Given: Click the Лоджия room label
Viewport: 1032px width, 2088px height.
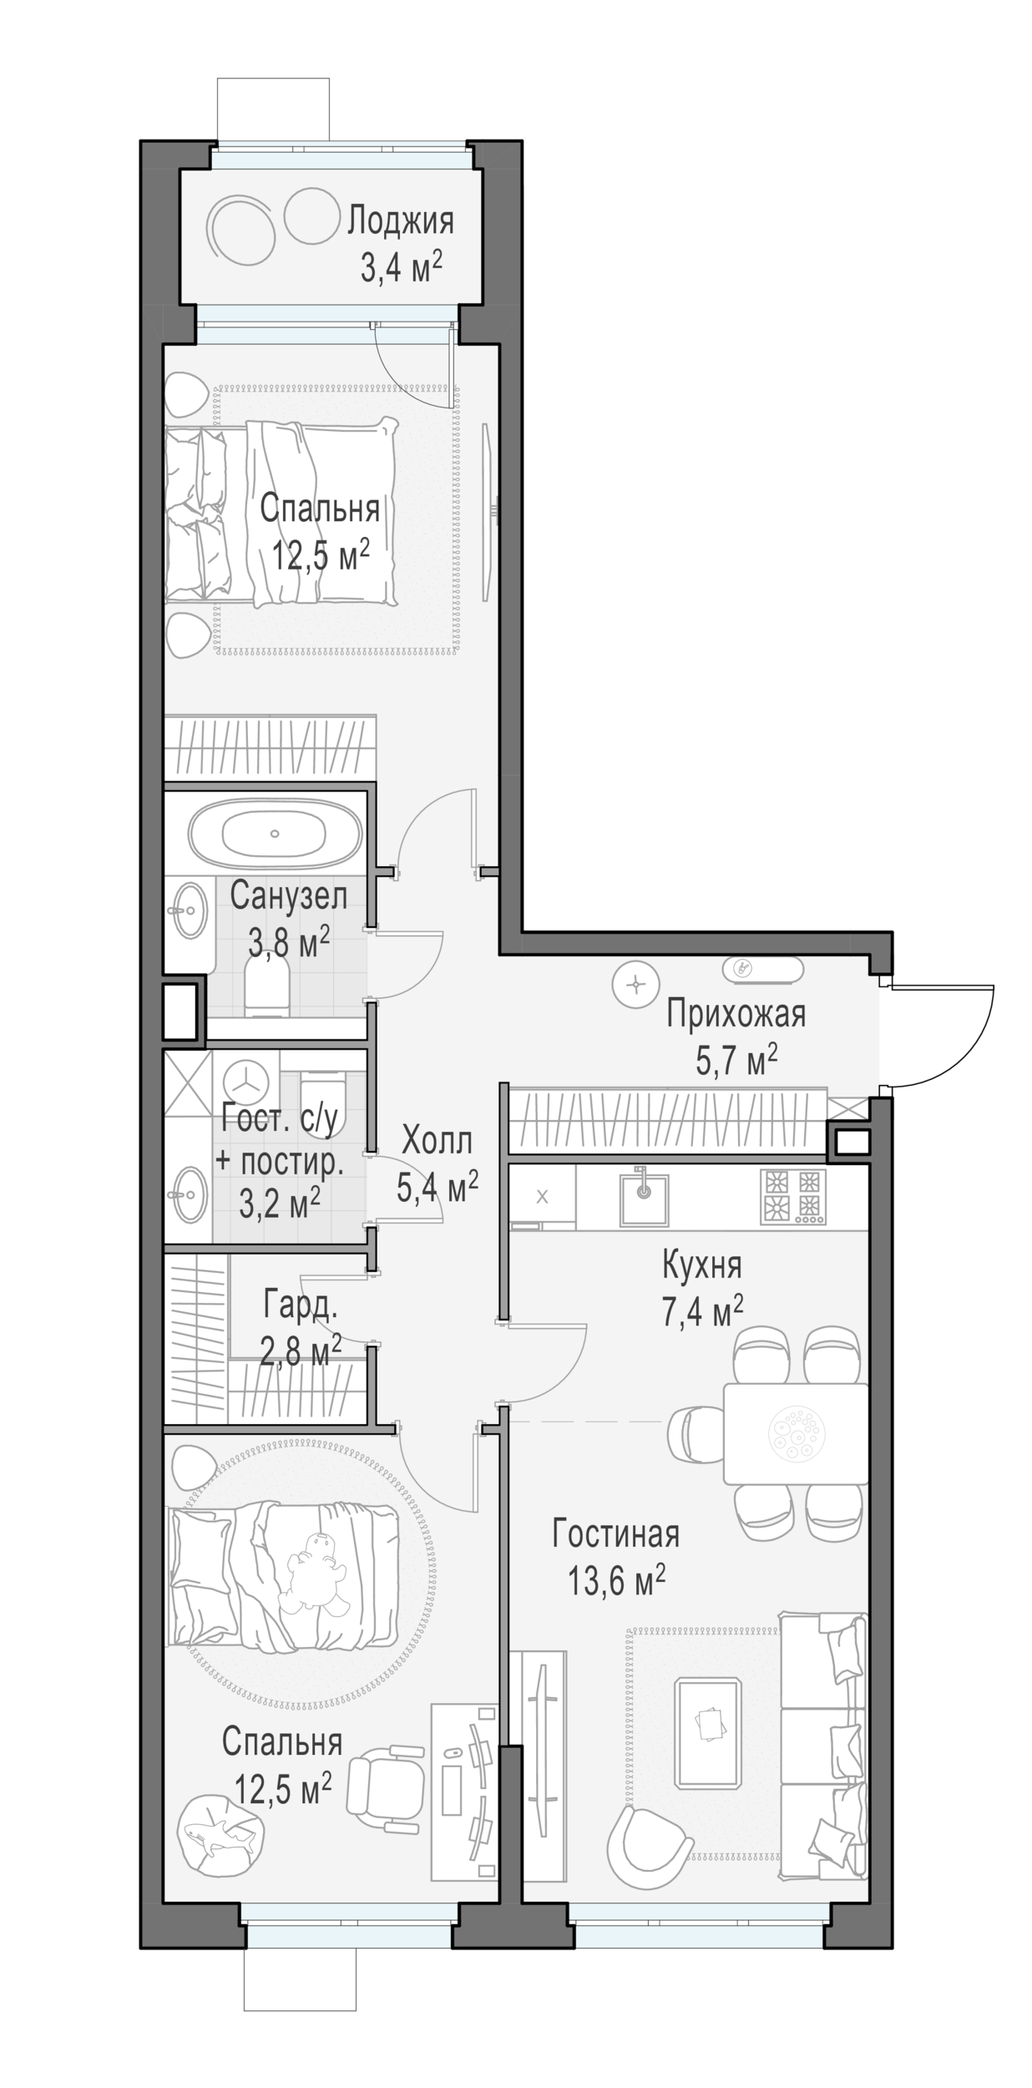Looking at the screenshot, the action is [x=401, y=222].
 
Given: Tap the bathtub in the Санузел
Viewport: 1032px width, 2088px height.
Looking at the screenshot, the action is [x=275, y=834].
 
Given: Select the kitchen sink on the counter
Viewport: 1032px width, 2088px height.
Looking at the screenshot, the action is [x=643, y=1197].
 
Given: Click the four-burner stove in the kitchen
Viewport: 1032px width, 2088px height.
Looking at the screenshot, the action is [x=792, y=1197].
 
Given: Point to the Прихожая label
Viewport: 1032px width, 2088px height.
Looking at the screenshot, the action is [x=736, y=1015].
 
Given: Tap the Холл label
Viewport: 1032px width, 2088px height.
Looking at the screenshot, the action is [x=437, y=1140].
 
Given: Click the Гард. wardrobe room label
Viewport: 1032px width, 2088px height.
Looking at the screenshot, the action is [x=301, y=1304].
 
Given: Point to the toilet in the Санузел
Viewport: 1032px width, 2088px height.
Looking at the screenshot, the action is [x=267, y=986].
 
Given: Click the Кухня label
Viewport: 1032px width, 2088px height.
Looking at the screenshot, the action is [x=701, y=1265].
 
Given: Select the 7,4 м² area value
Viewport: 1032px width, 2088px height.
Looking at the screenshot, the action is [x=702, y=1312].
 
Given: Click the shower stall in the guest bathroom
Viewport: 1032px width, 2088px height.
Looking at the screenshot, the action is [x=188, y=1082].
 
